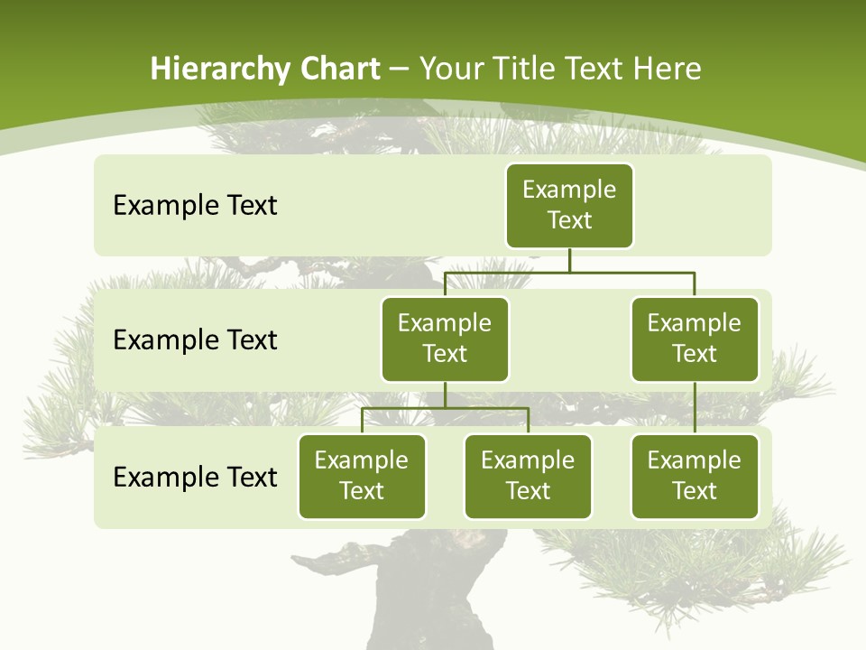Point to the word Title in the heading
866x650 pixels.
(x=527, y=70)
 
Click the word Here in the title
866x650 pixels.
(x=667, y=70)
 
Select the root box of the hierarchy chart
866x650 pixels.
(x=569, y=206)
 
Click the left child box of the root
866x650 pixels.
(x=445, y=339)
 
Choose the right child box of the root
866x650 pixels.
(x=695, y=339)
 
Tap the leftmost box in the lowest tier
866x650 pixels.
(x=362, y=476)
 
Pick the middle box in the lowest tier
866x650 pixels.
(x=528, y=476)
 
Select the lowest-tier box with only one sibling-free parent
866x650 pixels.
(x=695, y=476)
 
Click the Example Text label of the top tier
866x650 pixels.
(x=195, y=206)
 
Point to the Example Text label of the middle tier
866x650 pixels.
(x=195, y=340)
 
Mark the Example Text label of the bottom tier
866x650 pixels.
(x=195, y=477)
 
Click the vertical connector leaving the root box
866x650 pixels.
(x=569, y=260)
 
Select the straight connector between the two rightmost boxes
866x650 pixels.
(x=695, y=407)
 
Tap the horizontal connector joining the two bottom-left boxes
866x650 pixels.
(x=445, y=408)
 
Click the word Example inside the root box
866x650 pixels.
(x=569, y=190)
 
